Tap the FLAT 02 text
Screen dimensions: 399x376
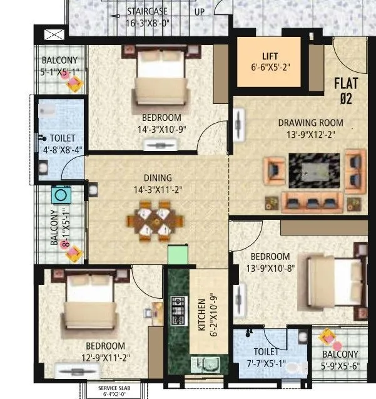coord(345,89)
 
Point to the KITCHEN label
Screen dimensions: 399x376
coord(202,316)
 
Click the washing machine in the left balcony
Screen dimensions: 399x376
coord(61,194)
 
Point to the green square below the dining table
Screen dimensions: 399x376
coord(178,256)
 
